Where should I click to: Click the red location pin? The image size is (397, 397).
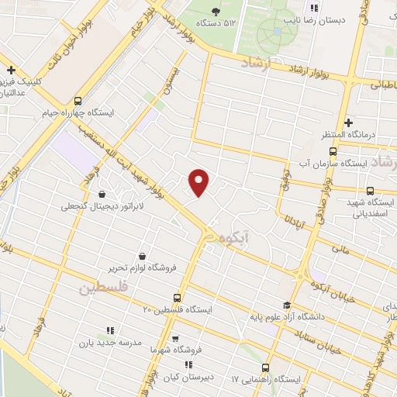(x=199, y=182)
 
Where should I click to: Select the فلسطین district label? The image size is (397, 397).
(x=102, y=288)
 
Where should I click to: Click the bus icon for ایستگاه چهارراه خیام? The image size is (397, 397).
(x=78, y=100)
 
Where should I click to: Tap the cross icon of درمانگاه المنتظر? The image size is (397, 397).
(x=349, y=123)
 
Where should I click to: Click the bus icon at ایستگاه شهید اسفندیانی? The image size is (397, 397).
(x=370, y=191)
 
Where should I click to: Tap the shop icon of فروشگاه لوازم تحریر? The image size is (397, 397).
(x=141, y=256)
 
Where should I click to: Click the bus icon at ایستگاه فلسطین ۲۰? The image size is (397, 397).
(x=178, y=297)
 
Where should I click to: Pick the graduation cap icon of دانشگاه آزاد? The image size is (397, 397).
(x=287, y=305)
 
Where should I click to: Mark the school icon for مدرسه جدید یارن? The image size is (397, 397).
(x=109, y=330)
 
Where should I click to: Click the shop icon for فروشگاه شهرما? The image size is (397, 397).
(x=175, y=338)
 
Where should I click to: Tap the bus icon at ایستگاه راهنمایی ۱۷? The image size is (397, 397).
(x=265, y=367)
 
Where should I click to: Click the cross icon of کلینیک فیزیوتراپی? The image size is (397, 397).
(x=11, y=69)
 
